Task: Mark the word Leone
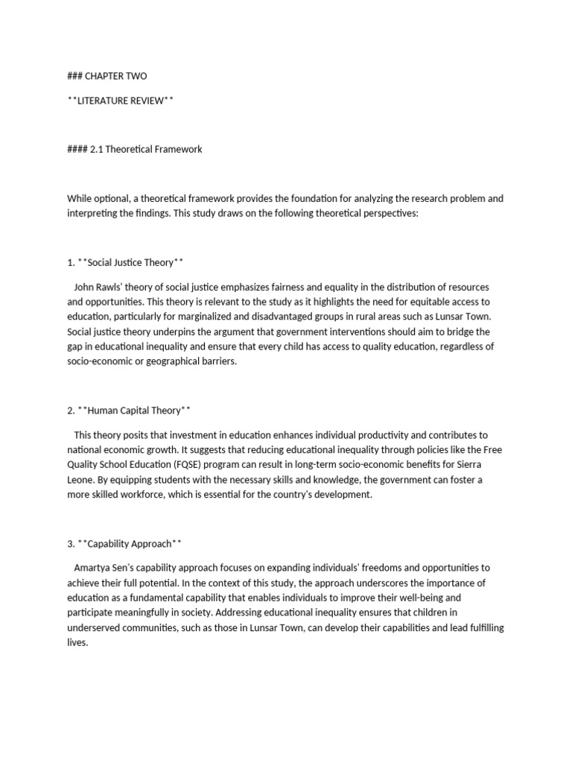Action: pos(81,479)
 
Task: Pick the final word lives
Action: pos(77,642)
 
